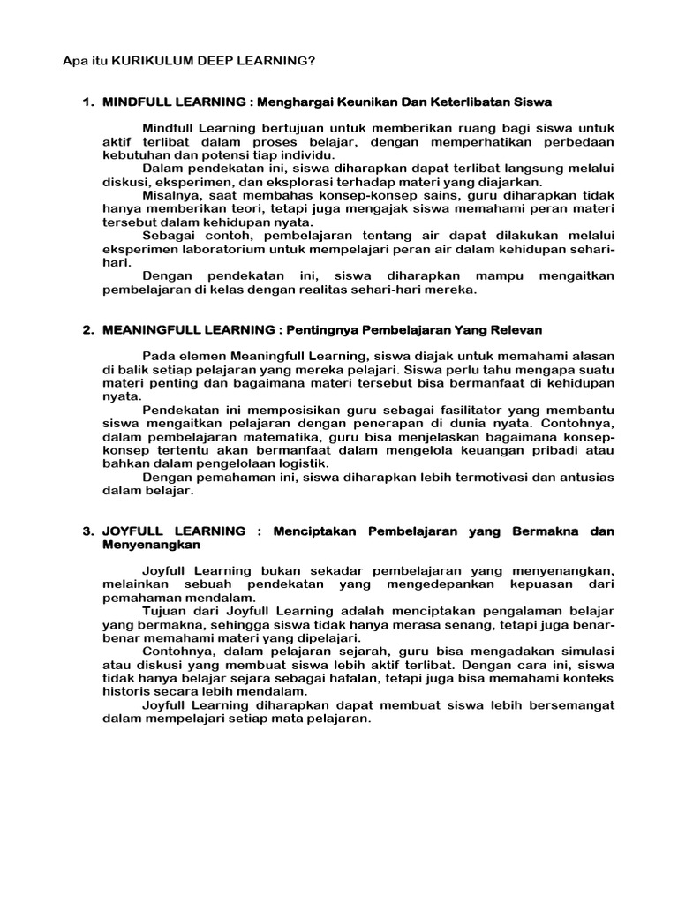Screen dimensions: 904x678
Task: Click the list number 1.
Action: (x=87, y=102)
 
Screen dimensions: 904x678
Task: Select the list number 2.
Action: (x=87, y=329)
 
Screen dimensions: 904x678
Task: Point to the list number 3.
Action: (x=87, y=531)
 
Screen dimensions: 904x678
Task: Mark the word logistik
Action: (x=302, y=463)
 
